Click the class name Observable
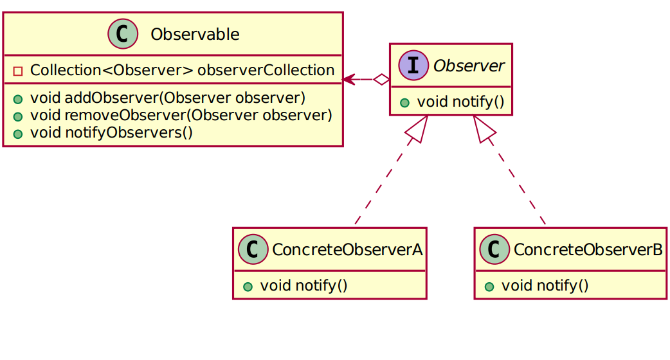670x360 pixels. click(194, 35)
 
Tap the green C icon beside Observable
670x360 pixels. click(123, 34)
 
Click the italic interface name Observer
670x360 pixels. click(468, 66)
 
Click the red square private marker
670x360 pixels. click(18, 71)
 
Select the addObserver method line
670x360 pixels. click(167, 98)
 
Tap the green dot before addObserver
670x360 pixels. click(18, 100)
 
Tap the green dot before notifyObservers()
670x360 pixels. click(18, 134)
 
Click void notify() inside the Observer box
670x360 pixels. click(460, 102)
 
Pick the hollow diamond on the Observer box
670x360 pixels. click(382, 80)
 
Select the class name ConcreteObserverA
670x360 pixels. click(347, 250)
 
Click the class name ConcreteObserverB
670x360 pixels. click(588, 250)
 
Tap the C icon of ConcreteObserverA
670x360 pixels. click(253, 249)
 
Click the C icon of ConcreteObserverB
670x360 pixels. click(494, 249)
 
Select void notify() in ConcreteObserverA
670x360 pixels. click(303, 285)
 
